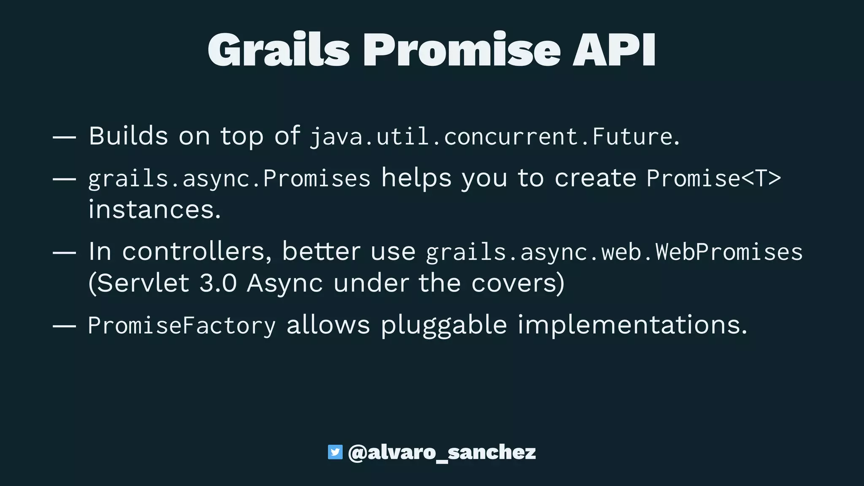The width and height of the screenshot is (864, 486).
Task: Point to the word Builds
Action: click(128, 136)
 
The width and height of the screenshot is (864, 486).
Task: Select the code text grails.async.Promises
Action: click(229, 178)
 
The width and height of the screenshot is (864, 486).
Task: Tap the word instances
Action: click(154, 209)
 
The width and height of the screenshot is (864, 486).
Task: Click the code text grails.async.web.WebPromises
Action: click(614, 252)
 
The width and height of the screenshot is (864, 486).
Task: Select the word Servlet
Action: click(139, 283)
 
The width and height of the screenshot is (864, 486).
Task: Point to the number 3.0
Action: click(218, 283)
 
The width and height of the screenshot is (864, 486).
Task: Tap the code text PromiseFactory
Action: click(182, 326)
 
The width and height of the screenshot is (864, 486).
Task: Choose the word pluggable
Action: click(444, 326)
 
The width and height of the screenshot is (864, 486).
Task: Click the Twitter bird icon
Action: click(335, 452)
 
